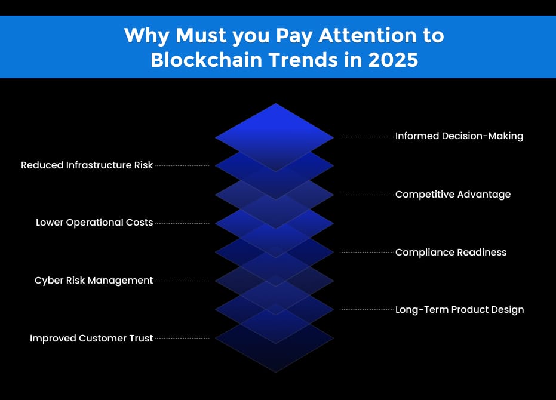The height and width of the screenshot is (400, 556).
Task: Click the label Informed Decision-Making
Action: [459, 136]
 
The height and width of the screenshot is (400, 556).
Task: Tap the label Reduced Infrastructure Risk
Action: [87, 165]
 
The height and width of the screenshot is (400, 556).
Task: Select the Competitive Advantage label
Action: [453, 195]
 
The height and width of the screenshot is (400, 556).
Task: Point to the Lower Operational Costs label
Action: [94, 223]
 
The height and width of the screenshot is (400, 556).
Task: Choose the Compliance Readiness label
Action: [450, 252]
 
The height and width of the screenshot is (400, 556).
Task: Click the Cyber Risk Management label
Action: [94, 281]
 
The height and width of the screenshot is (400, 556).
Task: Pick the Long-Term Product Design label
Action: [459, 310]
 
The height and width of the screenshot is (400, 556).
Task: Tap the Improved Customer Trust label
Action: [91, 339]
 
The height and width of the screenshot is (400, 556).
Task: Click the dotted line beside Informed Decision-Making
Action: [366, 137]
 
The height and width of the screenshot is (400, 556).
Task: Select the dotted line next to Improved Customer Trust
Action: [182, 339]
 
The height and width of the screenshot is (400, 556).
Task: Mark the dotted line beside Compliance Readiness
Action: [366, 252]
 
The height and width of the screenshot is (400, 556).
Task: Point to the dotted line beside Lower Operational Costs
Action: [182, 223]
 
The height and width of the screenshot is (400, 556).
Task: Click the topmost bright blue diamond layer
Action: [275, 128]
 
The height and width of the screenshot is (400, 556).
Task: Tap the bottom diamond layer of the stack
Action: [275, 352]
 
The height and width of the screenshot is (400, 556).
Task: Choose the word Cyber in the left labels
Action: [47, 281]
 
